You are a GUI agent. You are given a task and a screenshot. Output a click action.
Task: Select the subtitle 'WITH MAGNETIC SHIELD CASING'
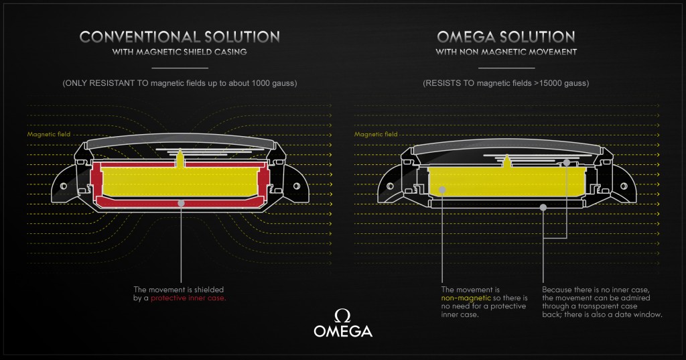point(180,52)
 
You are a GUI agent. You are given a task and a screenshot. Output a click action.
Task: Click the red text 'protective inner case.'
point(188,296)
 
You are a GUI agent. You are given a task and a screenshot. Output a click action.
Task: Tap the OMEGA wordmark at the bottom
point(342,331)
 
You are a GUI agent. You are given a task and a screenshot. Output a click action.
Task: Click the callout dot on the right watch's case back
point(543,207)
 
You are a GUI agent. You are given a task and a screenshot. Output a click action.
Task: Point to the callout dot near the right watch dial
point(566,162)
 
